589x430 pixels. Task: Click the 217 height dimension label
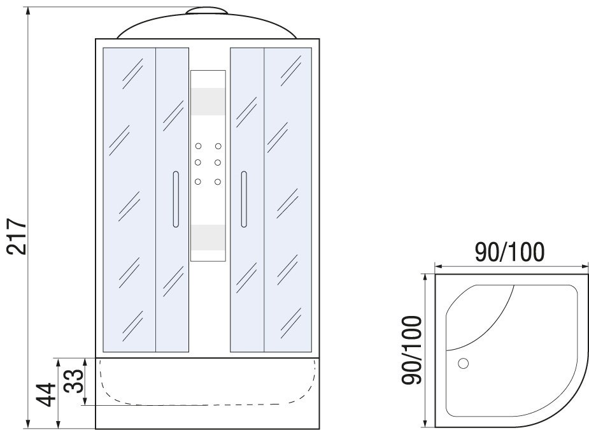[x=18, y=236]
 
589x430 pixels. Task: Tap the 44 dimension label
[x=47, y=395]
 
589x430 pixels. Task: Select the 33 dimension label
[x=73, y=381]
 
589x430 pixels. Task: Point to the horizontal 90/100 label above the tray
[x=509, y=252]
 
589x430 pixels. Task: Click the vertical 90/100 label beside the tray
[x=412, y=350]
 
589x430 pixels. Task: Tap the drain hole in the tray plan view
[x=463, y=363]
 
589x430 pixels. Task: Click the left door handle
[x=176, y=199]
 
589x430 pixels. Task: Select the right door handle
[x=244, y=199]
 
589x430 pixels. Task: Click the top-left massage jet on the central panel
[x=198, y=146]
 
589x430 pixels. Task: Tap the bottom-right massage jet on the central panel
[x=218, y=182]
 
